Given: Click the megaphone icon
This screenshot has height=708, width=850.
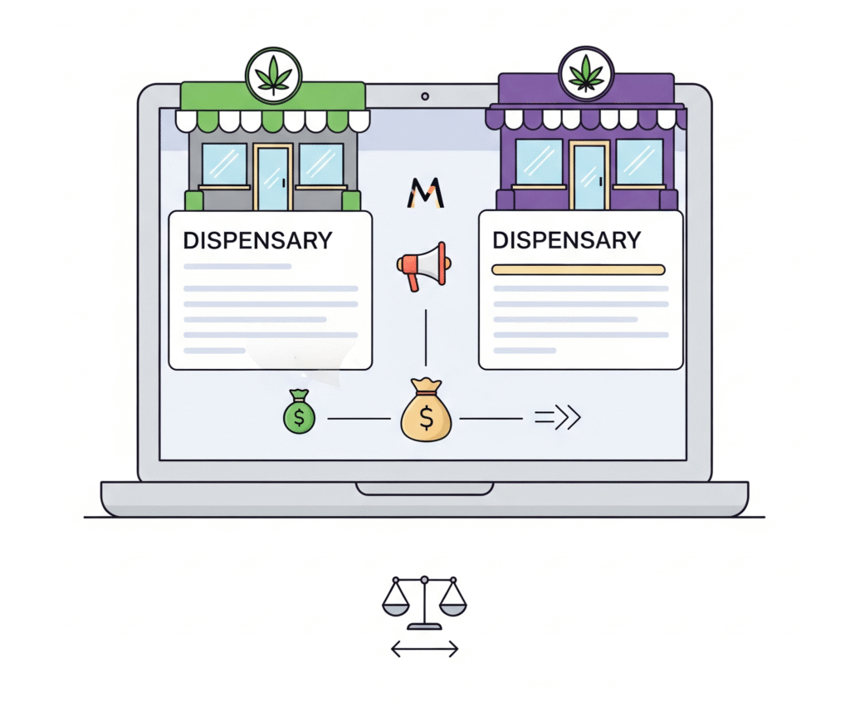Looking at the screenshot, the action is pyautogui.click(x=422, y=266).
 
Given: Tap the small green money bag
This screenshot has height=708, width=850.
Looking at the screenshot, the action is pyautogui.click(x=299, y=412).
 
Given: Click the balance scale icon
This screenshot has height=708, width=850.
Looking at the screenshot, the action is pyautogui.click(x=424, y=602).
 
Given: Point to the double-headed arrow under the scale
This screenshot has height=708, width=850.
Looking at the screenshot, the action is pyautogui.click(x=424, y=648).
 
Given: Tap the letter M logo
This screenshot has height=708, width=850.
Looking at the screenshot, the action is pyautogui.click(x=426, y=193).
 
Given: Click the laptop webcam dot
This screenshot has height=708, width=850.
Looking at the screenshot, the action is pyautogui.click(x=425, y=96).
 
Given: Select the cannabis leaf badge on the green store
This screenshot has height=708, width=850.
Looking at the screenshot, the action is pyautogui.click(x=274, y=76).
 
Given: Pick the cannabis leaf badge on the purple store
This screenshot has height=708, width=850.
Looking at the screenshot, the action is pyautogui.click(x=586, y=74).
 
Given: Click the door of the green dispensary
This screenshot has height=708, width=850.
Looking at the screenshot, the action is pyautogui.click(x=272, y=177).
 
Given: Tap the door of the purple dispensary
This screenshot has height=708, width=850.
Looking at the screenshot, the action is pyautogui.click(x=589, y=175).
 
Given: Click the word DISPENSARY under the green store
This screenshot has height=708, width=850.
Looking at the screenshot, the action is pyautogui.click(x=257, y=240).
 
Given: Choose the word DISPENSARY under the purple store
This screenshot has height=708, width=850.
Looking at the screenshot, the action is pyautogui.click(x=566, y=240).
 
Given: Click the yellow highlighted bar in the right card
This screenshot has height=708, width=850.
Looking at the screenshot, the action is pyautogui.click(x=579, y=269).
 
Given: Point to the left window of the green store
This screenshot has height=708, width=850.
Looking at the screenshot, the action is pyautogui.click(x=224, y=164).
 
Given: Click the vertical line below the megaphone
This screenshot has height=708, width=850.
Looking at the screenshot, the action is pyautogui.click(x=426, y=338).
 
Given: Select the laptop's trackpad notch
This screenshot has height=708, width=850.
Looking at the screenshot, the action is pyautogui.click(x=424, y=489).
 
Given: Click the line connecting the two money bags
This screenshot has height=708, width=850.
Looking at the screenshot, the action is pyautogui.click(x=359, y=418).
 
